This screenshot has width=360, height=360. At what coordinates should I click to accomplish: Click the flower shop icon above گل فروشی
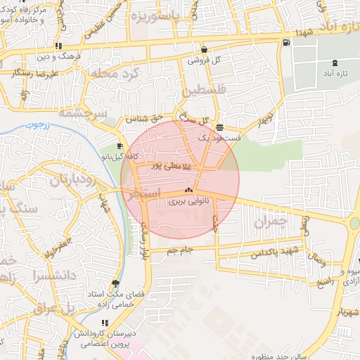point(204,50)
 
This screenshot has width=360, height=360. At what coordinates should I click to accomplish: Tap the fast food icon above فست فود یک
point(221,128)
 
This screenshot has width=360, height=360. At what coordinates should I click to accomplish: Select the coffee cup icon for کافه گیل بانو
point(120,146)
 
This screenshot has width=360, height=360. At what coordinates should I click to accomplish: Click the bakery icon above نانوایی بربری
point(188,190)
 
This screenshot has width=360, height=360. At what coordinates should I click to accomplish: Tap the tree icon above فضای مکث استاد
point(115,284)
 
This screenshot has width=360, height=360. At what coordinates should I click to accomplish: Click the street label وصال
point(317,260)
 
